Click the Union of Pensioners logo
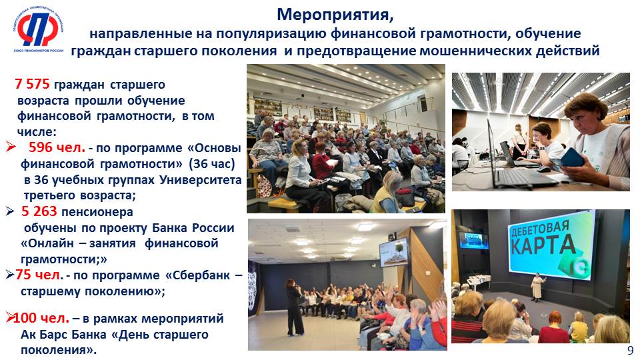[x=38, y=30]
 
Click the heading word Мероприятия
[x=335, y=14]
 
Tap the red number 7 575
[x=32, y=84]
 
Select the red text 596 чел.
[x=57, y=147]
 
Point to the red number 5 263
[x=39, y=211]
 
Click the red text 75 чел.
[x=39, y=275]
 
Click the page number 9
[x=631, y=351]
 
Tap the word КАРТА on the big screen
[x=543, y=246]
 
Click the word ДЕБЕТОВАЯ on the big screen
[x=539, y=229]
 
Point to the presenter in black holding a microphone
[x=294, y=307]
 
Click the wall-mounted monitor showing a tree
[x=393, y=253]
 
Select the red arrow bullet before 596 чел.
[x=11, y=147]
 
